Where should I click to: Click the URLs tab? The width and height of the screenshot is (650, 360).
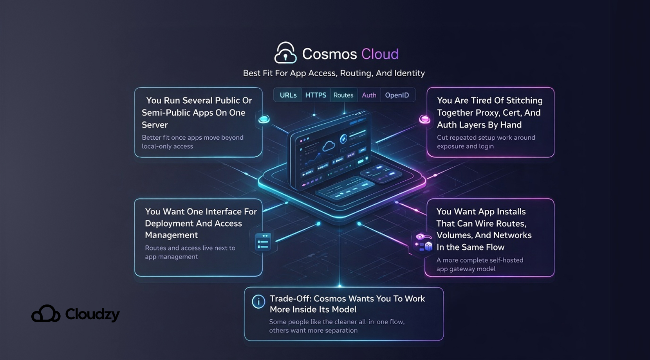(x=288, y=95)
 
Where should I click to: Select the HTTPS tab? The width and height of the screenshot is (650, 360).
(x=316, y=95)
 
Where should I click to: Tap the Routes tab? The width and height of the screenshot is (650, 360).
(x=343, y=95)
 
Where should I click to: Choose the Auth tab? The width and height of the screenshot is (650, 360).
(x=369, y=95)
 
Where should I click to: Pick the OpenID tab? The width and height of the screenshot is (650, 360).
(x=397, y=95)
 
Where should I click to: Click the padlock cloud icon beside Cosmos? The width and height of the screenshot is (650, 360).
(x=285, y=53)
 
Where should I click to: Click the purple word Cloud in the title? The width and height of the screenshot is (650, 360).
(x=379, y=54)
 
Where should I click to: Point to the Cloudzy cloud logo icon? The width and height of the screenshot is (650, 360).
(x=46, y=314)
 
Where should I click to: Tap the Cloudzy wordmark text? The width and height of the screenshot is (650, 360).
(x=92, y=314)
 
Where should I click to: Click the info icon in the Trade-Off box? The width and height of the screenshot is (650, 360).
(x=258, y=302)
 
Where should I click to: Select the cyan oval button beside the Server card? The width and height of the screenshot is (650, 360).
(x=264, y=119)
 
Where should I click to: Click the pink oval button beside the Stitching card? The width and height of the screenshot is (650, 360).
(x=424, y=119)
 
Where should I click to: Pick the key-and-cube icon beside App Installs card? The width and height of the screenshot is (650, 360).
(x=423, y=242)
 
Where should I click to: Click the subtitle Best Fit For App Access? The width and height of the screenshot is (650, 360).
(x=334, y=73)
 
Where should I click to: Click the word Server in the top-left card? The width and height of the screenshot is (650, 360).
(x=155, y=125)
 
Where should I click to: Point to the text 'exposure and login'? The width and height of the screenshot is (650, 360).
(x=465, y=146)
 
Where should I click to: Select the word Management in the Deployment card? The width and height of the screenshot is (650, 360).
(x=171, y=235)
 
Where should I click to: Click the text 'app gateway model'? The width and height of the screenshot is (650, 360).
(x=466, y=269)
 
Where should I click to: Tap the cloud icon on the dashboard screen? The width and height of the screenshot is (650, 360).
(x=328, y=146)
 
